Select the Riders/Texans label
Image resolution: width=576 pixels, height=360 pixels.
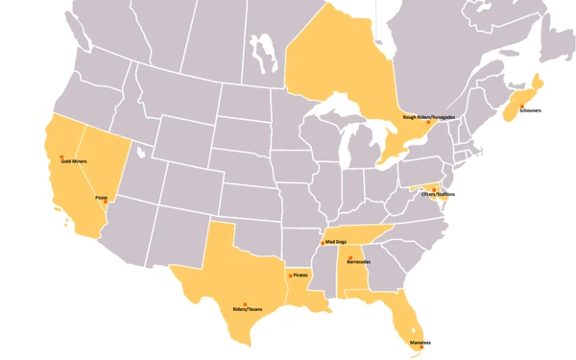pos(247,309)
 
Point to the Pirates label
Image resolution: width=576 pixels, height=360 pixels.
pos(300,276)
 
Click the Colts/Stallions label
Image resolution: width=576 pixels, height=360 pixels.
pos(438,194)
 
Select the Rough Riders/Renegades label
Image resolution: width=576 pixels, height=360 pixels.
pos(429,117)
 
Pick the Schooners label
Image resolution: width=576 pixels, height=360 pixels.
pos(530,111)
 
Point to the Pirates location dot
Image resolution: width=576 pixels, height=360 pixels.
pos(287,276)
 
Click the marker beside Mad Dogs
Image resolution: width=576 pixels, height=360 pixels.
pos(323,243)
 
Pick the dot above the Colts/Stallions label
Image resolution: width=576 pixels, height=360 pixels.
pos(434,188)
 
